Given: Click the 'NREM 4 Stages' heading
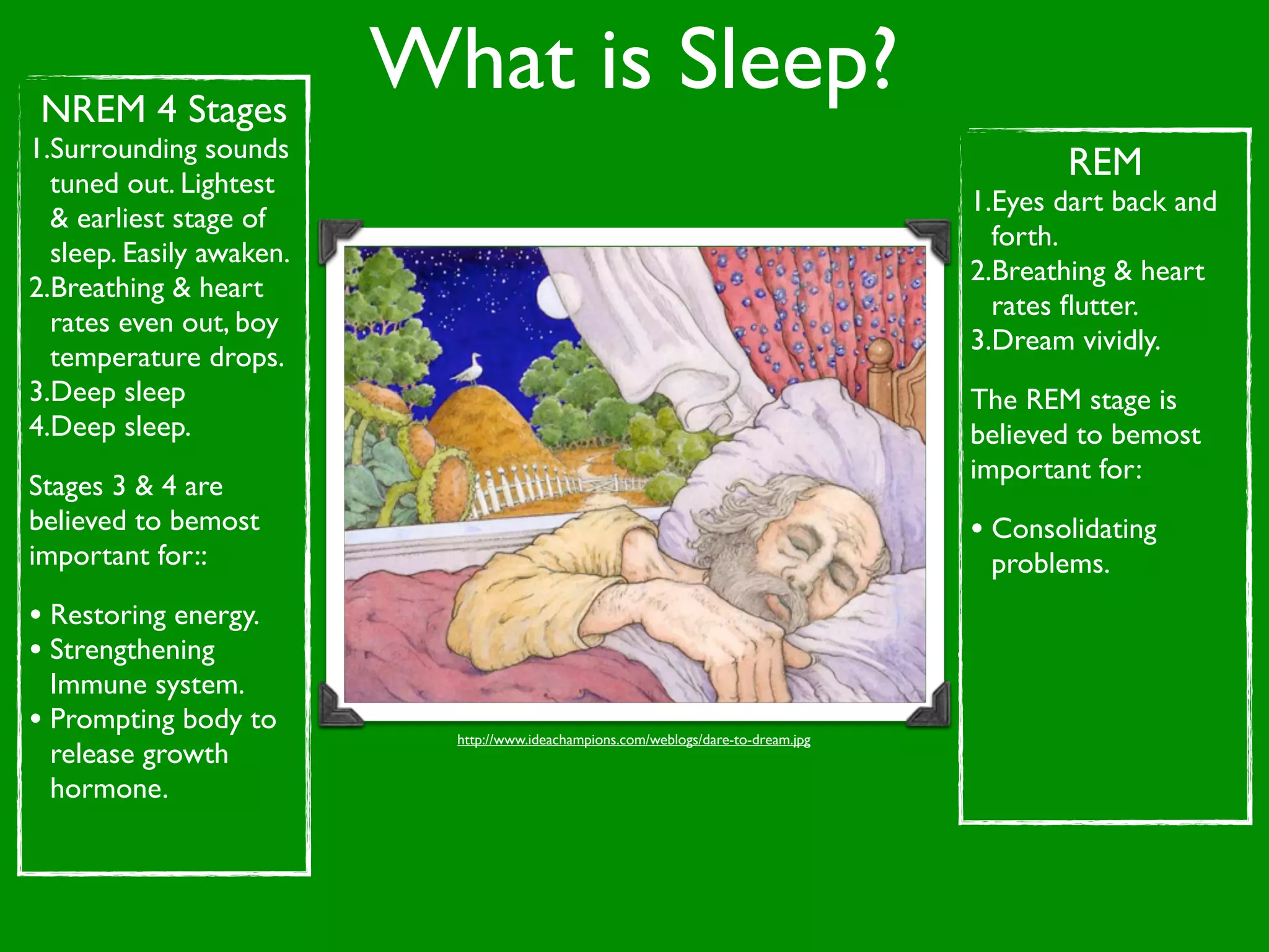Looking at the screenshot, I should point(164,110).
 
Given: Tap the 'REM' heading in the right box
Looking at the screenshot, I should point(1105,162).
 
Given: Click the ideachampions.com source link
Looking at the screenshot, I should point(633,739).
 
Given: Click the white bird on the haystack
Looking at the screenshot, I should point(469,369).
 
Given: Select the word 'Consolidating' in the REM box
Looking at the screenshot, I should point(1074,529).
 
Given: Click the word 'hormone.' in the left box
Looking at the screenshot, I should point(109,789).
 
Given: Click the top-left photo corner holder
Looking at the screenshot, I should point(338,239).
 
